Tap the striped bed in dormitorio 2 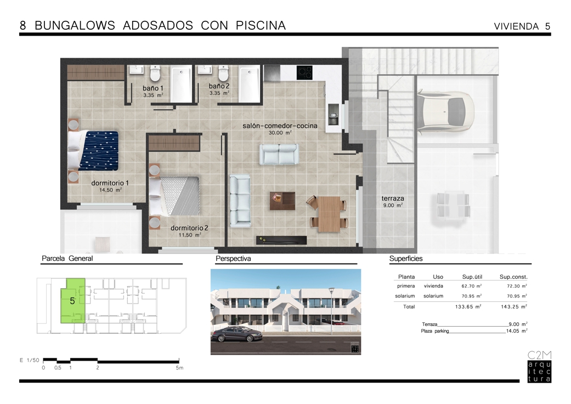pyautogui.click(x=175, y=197)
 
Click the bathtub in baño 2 pyautogui.click(x=250, y=84)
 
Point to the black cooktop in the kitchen pyautogui.click(x=304, y=72)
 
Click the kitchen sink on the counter pyautogui.click(x=333, y=114)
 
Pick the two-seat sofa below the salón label pyautogui.click(x=279, y=154)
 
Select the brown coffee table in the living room pyautogui.click(x=282, y=201)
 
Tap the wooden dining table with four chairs pyautogui.click(x=327, y=214)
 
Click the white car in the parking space pyautogui.click(x=445, y=111)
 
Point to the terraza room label pyautogui.click(x=393, y=199)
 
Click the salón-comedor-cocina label pyautogui.click(x=280, y=126)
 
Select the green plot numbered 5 pyautogui.click(x=73, y=301)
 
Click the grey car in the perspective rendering pyautogui.click(x=237, y=334)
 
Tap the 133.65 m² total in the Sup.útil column pyautogui.click(x=468, y=307)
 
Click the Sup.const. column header pyautogui.click(x=513, y=277)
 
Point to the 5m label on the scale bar pyautogui.click(x=179, y=368)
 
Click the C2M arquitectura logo pyautogui.click(x=539, y=367)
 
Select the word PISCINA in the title pyautogui.click(x=261, y=25)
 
